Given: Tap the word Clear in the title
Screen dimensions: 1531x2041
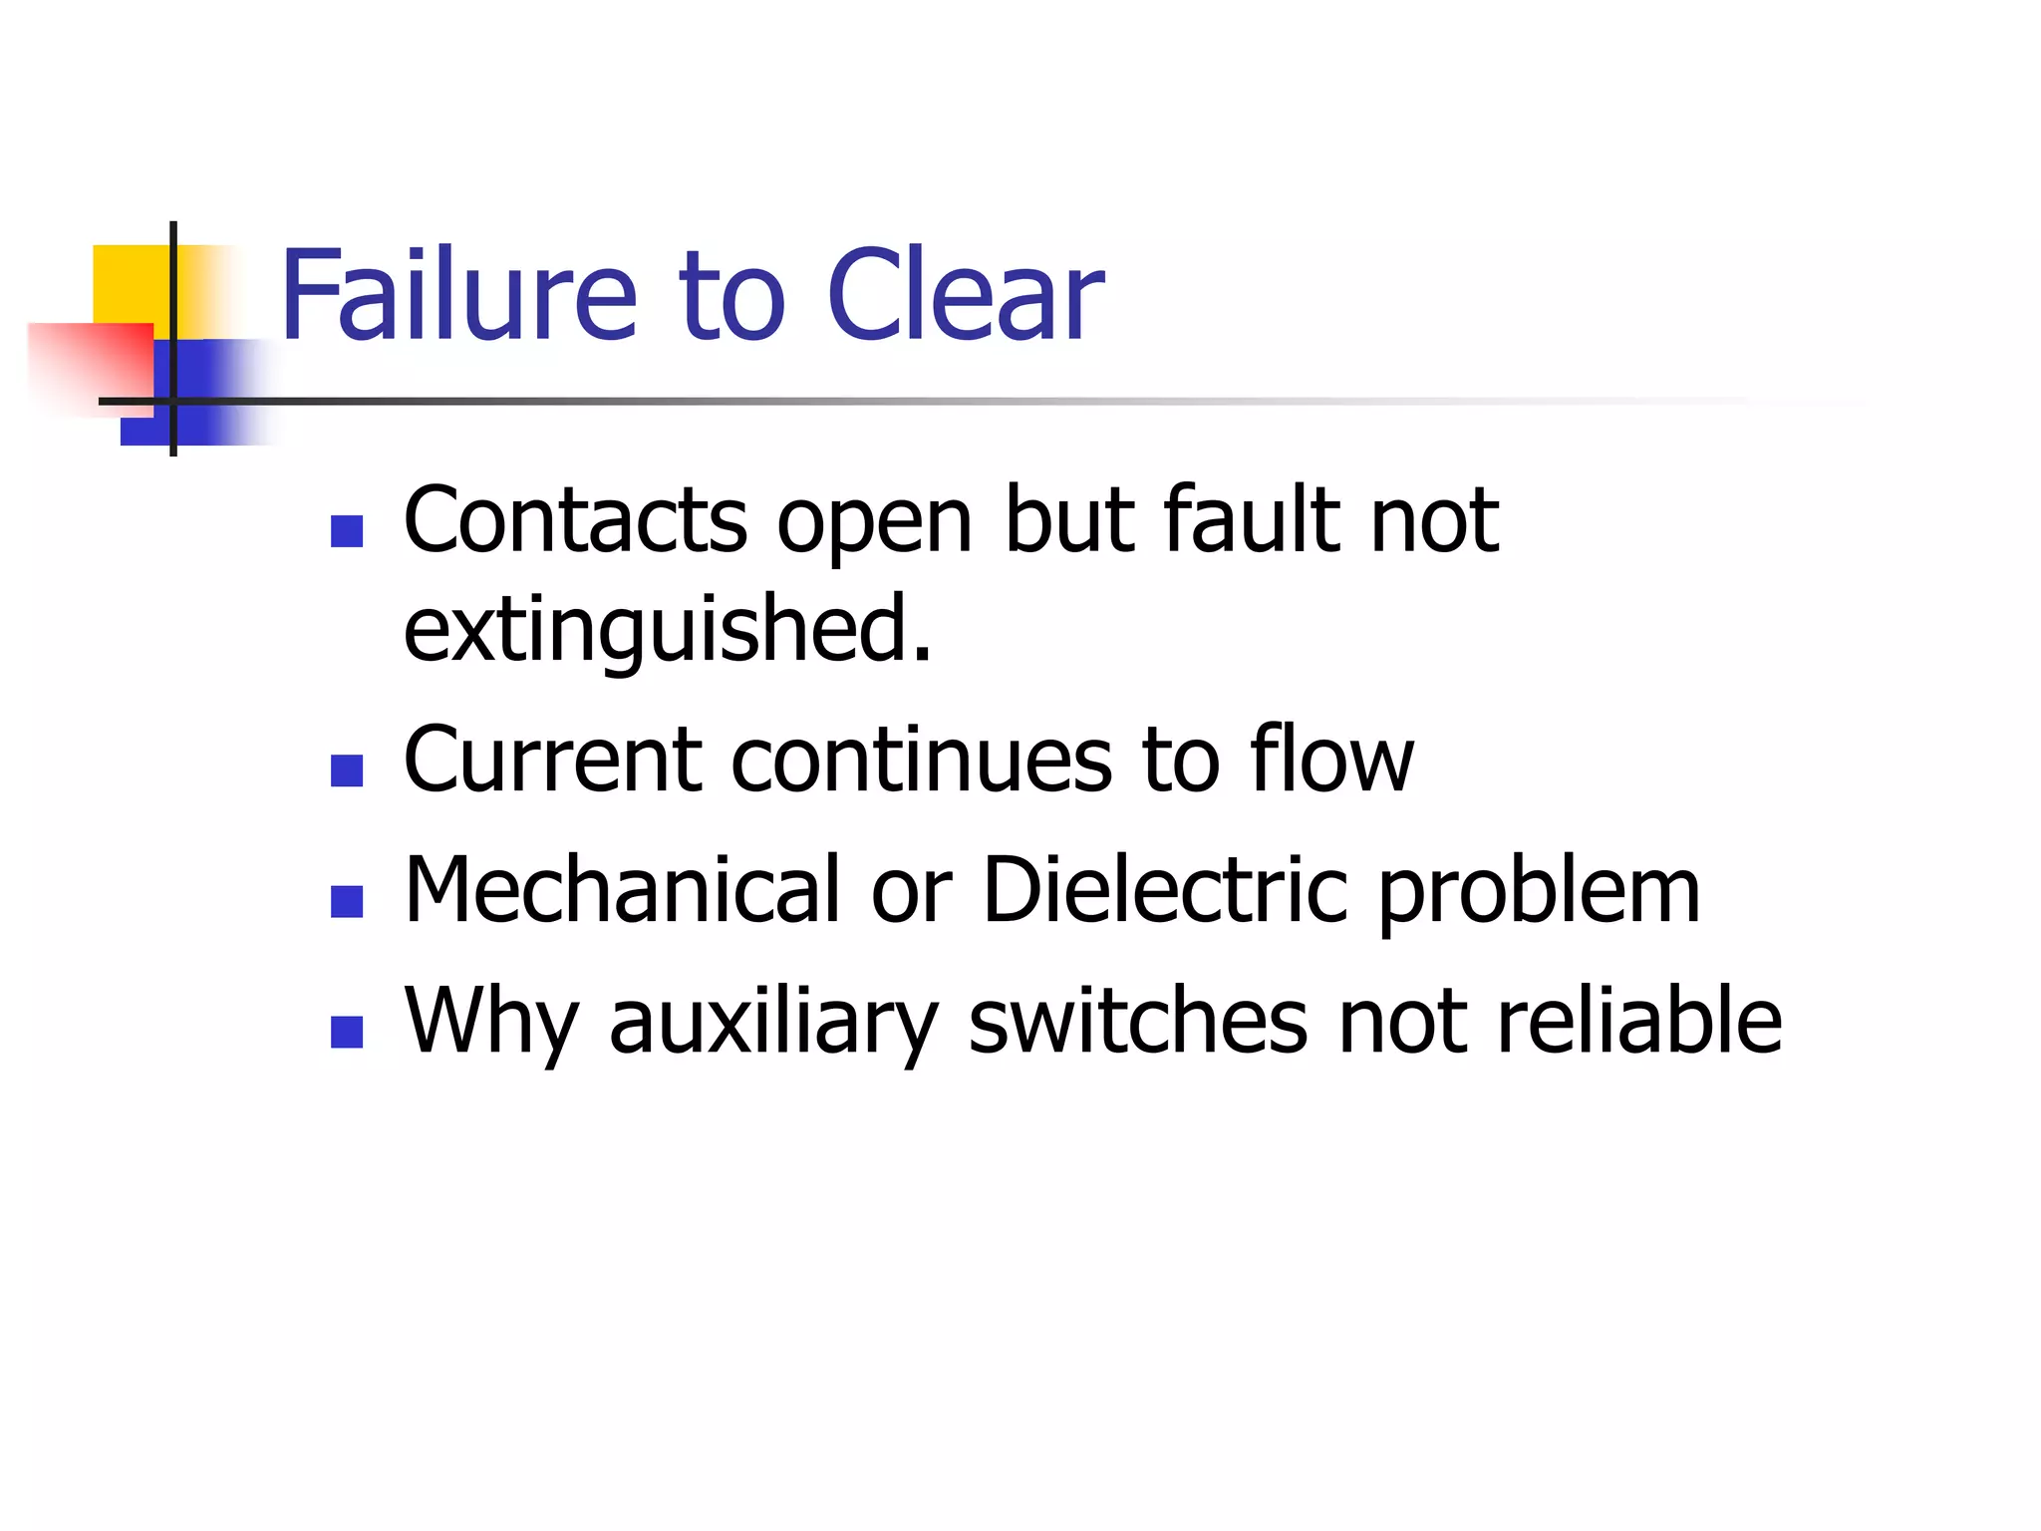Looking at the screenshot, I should (x=965, y=296).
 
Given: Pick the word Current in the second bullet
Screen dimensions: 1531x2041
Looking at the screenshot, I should (x=552, y=760).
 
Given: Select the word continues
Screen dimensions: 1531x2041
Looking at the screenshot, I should (x=921, y=760).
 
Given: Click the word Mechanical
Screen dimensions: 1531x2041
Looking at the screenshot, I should (x=623, y=890).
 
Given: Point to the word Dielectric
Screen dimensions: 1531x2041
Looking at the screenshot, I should (x=1165, y=890).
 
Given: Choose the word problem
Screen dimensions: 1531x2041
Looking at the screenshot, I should (x=1539, y=890).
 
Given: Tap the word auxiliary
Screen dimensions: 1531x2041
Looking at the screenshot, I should (x=773, y=1021).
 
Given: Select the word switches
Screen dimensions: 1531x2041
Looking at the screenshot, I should (x=1137, y=1021).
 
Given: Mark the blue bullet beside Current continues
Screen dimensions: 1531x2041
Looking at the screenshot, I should (x=347, y=770).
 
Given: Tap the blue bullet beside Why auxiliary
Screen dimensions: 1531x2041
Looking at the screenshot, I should (x=347, y=1032).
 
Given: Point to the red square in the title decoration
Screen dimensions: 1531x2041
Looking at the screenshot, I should (x=100, y=359).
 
